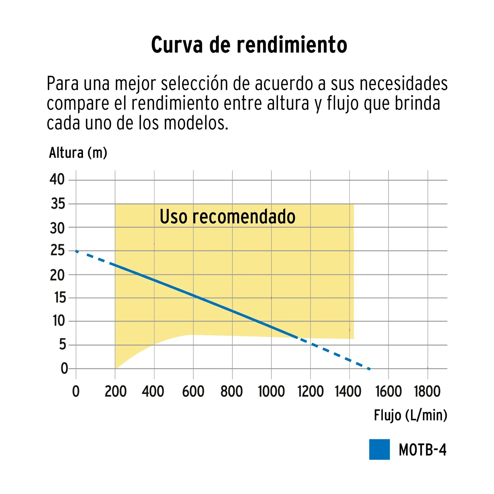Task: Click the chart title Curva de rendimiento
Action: (x=249, y=45)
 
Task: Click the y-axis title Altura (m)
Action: (x=78, y=153)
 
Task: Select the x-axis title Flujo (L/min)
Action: (x=410, y=415)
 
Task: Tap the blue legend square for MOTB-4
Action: (x=379, y=449)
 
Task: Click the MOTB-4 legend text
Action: (x=423, y=450)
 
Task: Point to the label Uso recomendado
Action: (x=227, y=217)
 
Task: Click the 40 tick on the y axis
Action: (x=57, y=179)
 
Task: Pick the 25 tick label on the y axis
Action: (x=57, y=251)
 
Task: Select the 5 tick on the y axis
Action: (x=63, y=345)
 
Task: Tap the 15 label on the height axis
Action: (x=60, y=298)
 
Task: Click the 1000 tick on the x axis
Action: (x=271, y=392)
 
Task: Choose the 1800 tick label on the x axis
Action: (x=427, y=392)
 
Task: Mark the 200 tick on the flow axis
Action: (x=116, y=392)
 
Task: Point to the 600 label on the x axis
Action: (x=193, y=392)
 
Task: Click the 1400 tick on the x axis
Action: (x=348, y=392)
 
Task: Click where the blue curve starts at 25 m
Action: (x=76, y=251)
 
